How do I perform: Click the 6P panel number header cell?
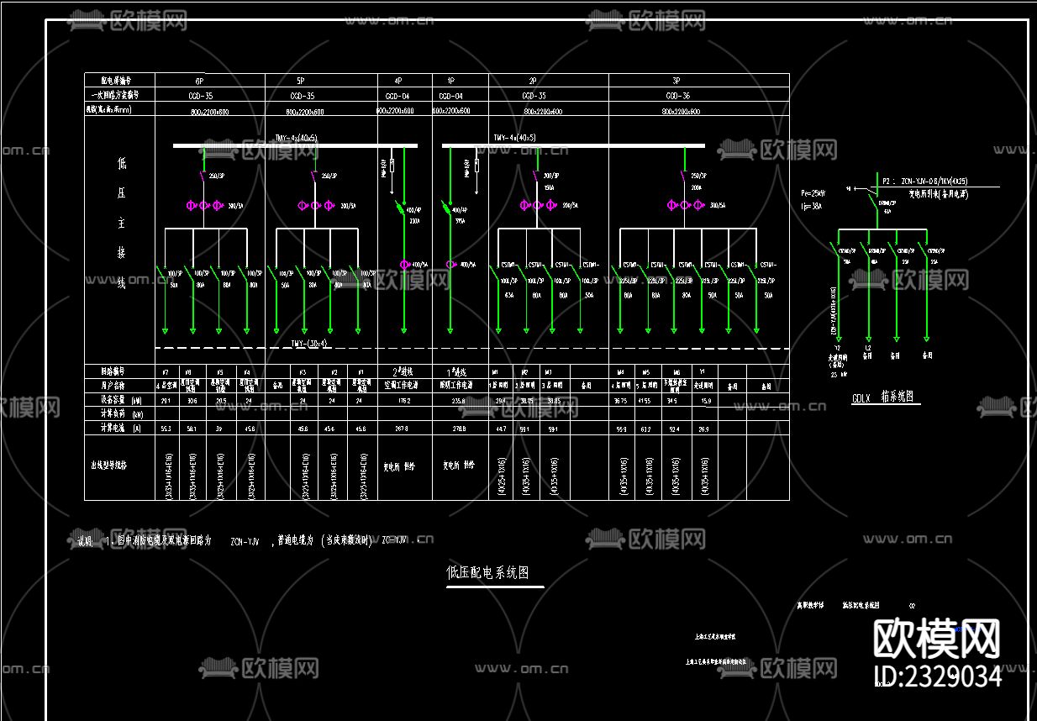point(199,81)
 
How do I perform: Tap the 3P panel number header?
point(676,81)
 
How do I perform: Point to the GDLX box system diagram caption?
point(883,397)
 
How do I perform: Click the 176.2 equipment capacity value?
point(404,401)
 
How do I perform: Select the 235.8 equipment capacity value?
point(459,401)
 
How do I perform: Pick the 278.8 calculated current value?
point(459,429)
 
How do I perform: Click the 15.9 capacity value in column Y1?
point(704,401)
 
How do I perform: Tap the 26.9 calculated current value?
point(704,429)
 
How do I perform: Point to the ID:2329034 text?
point(938,676)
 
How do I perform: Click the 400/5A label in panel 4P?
point(419,265)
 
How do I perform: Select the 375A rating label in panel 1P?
point(460,222)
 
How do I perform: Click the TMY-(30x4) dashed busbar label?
point(308,343)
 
